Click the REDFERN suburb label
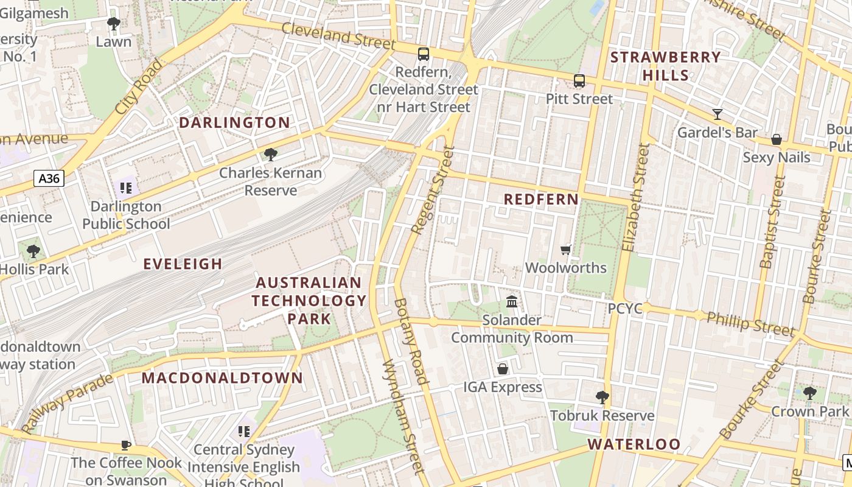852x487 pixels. pos(541,200)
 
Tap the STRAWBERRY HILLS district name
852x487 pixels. pos(666,66)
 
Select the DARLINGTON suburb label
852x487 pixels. pos(234,122)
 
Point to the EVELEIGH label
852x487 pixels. pos(183,264)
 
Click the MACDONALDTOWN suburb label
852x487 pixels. pos(222,377)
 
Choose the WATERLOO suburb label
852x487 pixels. pos(634,444)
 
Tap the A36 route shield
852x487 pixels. pos(49,178)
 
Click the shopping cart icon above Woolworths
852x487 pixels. pos(566,250)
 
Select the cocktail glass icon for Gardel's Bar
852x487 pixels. pos(718,114)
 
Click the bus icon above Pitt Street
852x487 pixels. pos(579,81)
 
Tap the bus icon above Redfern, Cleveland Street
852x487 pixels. pos(424,54)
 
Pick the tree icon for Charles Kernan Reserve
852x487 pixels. pos(271,155)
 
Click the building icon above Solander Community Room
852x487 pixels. pos(512,301)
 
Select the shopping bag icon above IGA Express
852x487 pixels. pos(503,369)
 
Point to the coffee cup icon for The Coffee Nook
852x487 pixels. pos(126,445)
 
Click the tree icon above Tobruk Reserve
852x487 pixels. pos(602,398)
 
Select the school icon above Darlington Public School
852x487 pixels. pos(126,188)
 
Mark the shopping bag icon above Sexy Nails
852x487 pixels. pos(776,139)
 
